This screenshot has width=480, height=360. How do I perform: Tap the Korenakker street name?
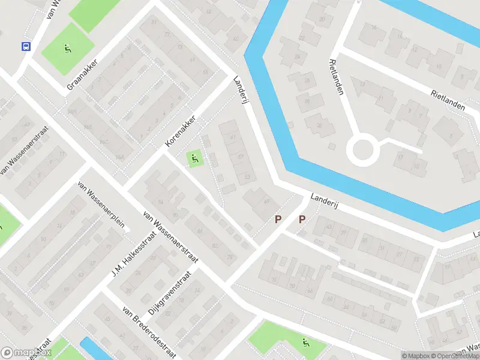(x=181, y=132)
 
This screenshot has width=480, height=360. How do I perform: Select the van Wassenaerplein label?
(x=101, y=205)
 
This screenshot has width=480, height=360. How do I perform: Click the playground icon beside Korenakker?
(x=194, y=160)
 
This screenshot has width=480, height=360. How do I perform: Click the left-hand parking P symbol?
(x=277, y=220)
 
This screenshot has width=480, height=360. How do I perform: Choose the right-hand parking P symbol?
(x=302, y=220)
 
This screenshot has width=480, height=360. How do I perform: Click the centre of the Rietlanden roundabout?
(x=363, y=150)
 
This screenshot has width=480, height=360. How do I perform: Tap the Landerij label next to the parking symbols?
(x=325, y=201)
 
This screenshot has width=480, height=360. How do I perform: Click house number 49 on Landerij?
(x=266, y=202)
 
